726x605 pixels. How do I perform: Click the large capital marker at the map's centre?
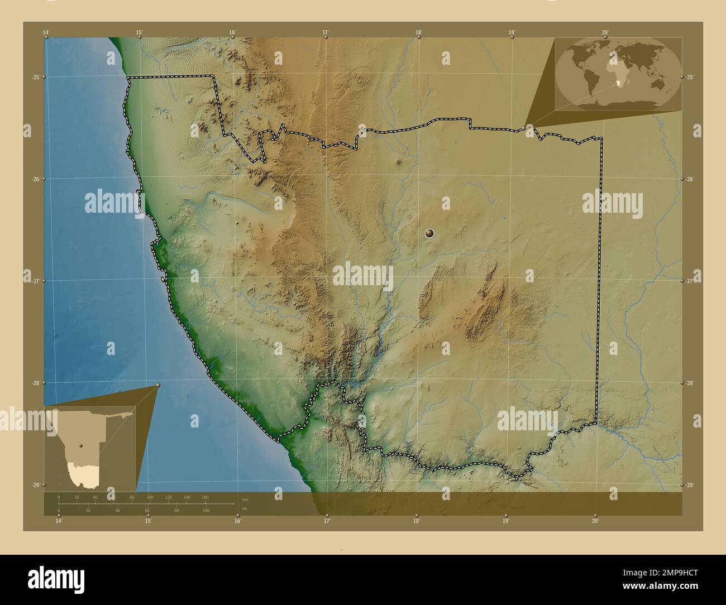point(429,234)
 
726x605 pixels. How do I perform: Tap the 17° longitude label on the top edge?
point(326,32)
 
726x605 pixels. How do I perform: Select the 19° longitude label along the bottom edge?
point(505,521)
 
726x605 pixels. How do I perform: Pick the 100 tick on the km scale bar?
point(150,497)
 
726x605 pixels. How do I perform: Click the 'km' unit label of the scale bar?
point(245,500)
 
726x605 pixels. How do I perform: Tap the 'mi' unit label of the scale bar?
point(245,508)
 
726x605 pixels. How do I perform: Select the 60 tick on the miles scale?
point(147,511)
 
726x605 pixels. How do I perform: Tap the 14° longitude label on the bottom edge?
point(59,521)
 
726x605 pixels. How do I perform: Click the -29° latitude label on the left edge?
point(35,485)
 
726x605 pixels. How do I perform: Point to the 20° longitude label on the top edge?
point(605,32)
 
